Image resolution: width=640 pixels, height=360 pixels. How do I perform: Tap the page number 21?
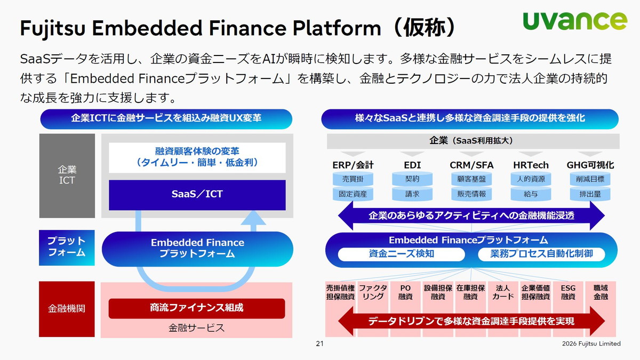pyautogui.click(x=320, y=344)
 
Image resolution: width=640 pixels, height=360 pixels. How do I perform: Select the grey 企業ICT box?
pyautogui.click(x=67, y=175)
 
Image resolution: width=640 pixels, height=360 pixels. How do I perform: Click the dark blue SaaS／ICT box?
pyautogui.click(x=197, y=195)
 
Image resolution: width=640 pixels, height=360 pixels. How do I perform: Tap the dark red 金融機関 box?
pyautogui.click(x=67, y=309)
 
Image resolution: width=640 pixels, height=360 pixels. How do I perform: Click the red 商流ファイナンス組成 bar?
pyautogui.click(x=197, y=308)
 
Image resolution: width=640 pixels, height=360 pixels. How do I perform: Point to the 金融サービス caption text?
pyautogui.click(x=197, y=327)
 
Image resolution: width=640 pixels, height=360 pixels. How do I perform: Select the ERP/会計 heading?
pyautogui.click(x=353, y=165)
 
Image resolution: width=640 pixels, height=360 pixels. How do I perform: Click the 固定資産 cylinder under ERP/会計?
pyautogui.click(x=353, y=194)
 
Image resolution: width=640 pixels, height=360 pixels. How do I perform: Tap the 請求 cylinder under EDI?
pyautogui.click(x=412, y=194)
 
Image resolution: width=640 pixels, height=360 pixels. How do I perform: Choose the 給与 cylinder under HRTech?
pyautogui.click(x=531, y=194)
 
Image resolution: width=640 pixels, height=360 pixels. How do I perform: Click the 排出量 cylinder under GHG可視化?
pyautogui.click(x=590, y=194)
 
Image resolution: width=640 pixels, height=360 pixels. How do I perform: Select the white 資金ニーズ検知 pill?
pyautogui.click(x=402, y=254)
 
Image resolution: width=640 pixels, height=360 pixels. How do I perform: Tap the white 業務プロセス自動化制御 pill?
pyautogui.click(x=541, y=254)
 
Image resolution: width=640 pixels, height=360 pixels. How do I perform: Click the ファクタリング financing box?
pyautogui.click(x=373, y=292)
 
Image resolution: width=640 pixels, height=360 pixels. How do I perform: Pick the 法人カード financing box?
pyautogui.click(x=503, y=292)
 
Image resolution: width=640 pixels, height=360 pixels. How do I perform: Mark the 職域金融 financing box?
pyautogui.click(x=601, y=292)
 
